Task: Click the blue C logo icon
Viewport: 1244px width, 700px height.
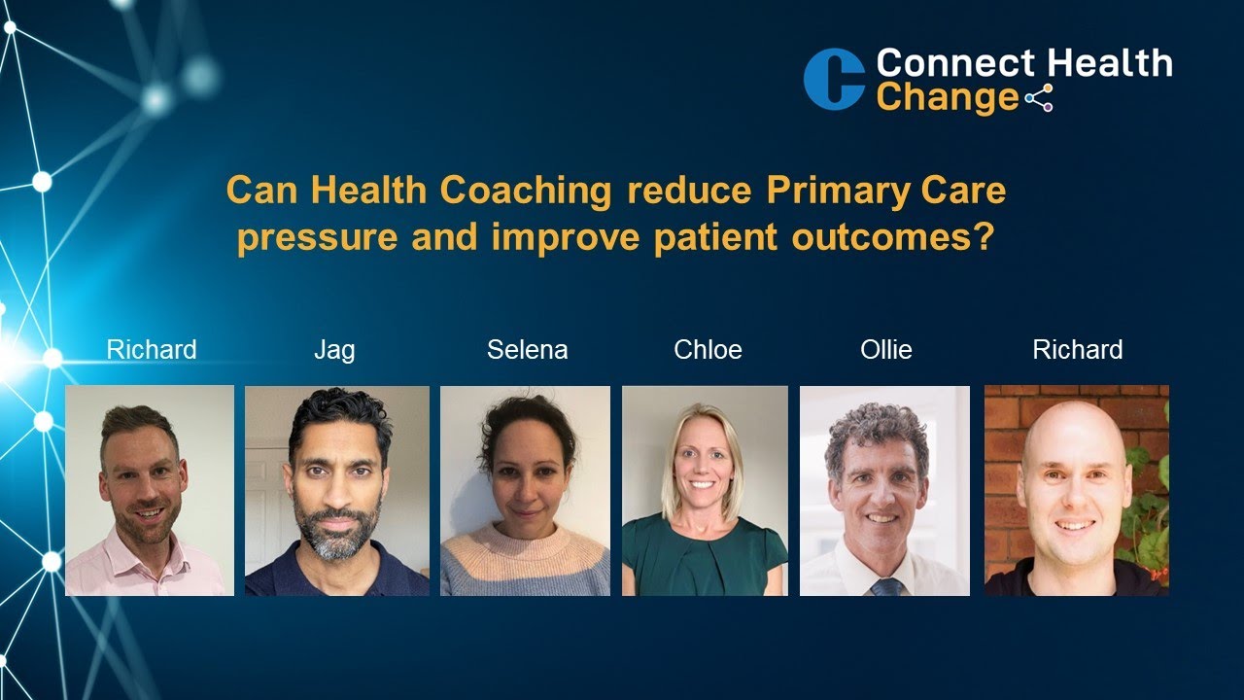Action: pos(834,80)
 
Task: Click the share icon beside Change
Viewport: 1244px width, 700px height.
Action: pos(1039,98)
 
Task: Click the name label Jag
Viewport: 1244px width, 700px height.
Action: pos(334,350)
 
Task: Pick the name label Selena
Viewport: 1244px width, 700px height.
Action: pos(528,350)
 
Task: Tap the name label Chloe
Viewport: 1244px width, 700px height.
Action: pos(708,350)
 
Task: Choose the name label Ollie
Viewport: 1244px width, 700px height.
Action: pos(886,350)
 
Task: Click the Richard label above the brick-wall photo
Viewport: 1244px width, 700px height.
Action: pos(1077,350)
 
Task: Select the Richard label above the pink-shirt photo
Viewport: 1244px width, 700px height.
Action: pos(152,350)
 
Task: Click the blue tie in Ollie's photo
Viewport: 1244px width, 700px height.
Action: pos(884,586)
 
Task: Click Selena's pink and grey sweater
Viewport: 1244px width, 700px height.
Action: pos(525,564)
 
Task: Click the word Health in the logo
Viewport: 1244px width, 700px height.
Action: pos(1115,64)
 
